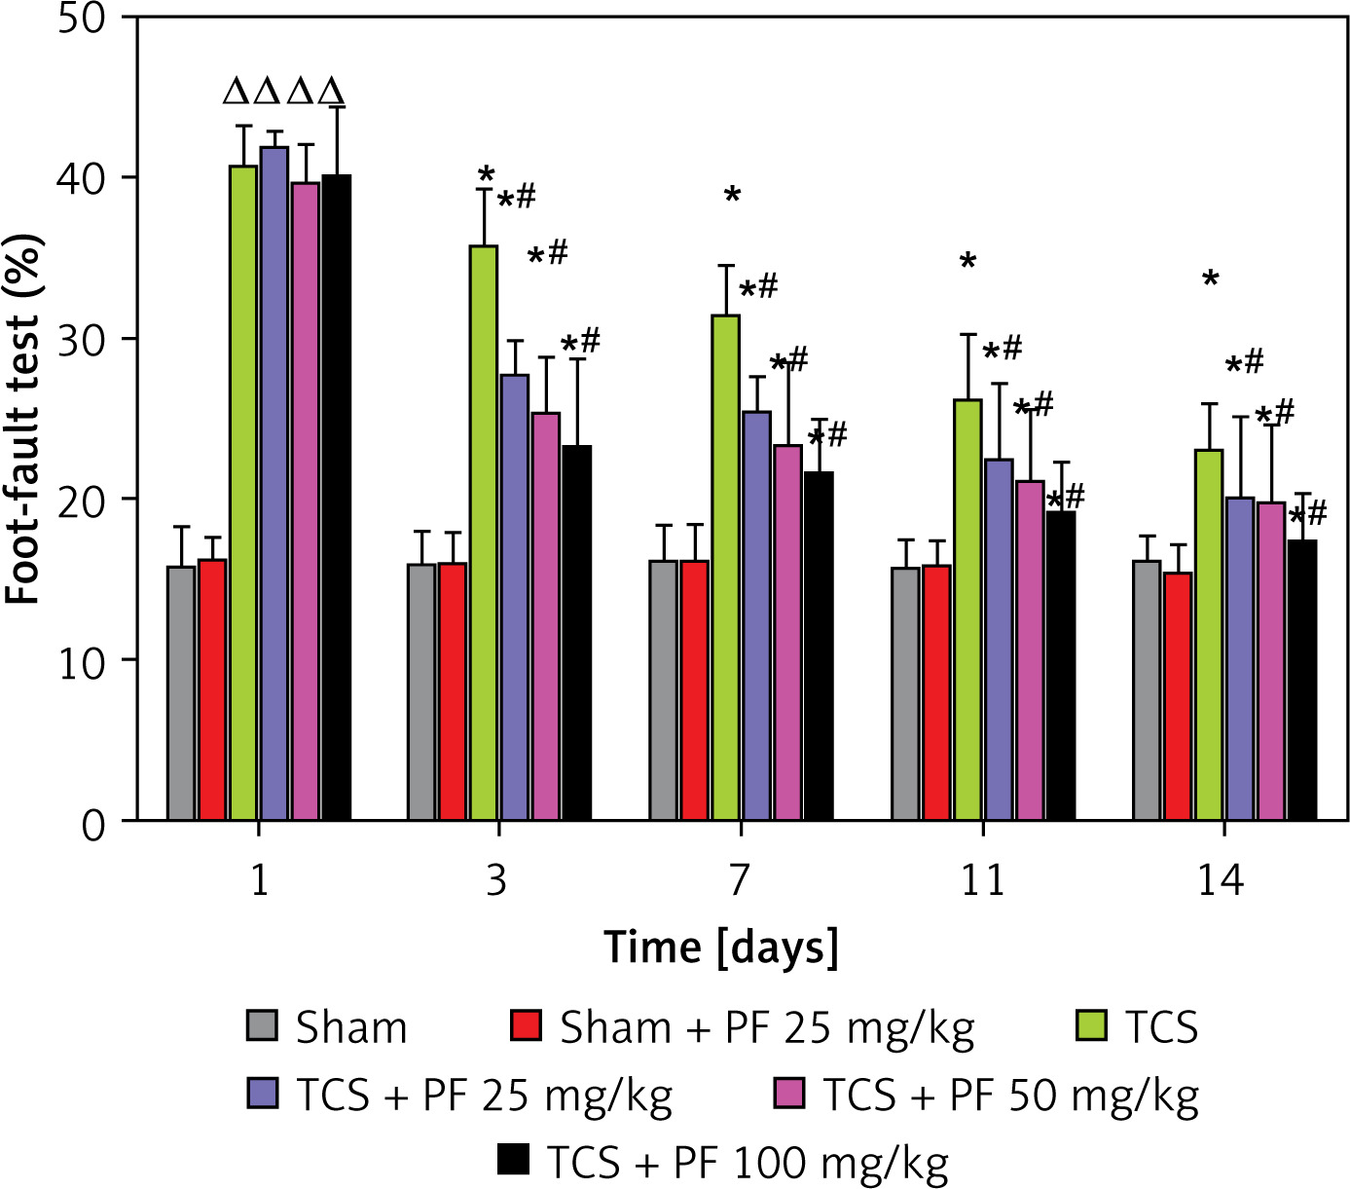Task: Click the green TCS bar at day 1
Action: (x=243, y=493)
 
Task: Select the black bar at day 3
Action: (x=576, y=633)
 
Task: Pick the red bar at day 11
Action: (x=936, y=692)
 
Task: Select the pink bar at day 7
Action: (x=787, y=633)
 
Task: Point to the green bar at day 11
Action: (x=967, y=610)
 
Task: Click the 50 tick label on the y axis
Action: (x=82, y=19)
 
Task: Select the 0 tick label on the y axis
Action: (x=93, y=824)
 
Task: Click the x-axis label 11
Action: (x=982, y=880)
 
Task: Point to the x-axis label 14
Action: (x=1221, y=880)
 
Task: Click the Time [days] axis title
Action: (x=720, y=947)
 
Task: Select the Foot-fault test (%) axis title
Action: (x=23, y=419)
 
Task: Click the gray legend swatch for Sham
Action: (x=262, y=1025)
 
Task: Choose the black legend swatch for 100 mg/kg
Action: (x=513, y=1159)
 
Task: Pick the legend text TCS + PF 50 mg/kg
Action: (x=1010, y=1095)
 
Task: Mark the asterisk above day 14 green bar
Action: (x=1210, y=280)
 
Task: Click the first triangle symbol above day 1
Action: (x=237, y=93)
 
